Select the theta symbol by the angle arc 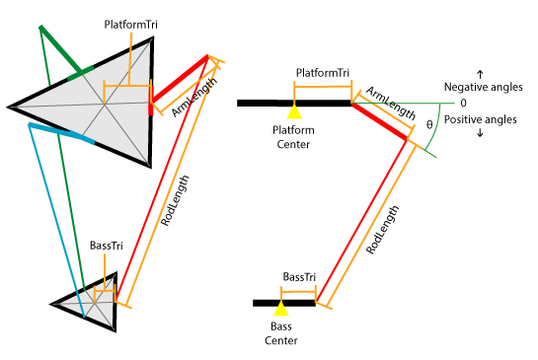click(428, 125)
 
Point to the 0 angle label click(461, 103)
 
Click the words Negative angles click(479, 87)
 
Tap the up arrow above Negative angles click(480, 73)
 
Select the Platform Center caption click(294, 138)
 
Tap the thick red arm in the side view click(379, 120)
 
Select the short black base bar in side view click(284, 303)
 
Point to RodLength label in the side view click(383, 230)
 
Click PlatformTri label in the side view click(323, 74)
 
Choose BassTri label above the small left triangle click(106, 245)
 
